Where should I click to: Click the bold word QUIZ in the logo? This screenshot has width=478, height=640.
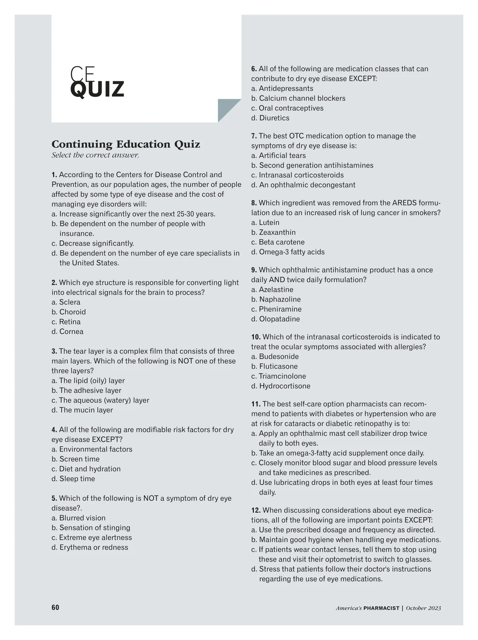[97, 89]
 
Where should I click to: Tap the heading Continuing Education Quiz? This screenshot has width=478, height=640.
[126, 144]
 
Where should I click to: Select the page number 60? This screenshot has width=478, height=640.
[55, 607]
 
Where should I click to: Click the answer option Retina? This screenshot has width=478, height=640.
[70, 322]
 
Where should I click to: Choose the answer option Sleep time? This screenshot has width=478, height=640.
[77, 479]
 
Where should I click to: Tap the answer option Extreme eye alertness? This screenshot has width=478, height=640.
[95, 538]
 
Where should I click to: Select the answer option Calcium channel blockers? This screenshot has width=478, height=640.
[302, 98]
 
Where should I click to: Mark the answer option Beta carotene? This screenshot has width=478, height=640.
[281, 242]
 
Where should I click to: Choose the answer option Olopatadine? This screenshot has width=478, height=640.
[279, 319]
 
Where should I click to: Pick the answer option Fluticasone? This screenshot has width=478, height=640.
[278, 366]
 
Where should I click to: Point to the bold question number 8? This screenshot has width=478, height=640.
[254, 203]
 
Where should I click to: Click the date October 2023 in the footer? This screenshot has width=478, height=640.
[423, 608]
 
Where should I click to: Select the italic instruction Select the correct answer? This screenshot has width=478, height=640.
[95, 155]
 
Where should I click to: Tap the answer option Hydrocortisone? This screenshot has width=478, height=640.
[284, 386]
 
